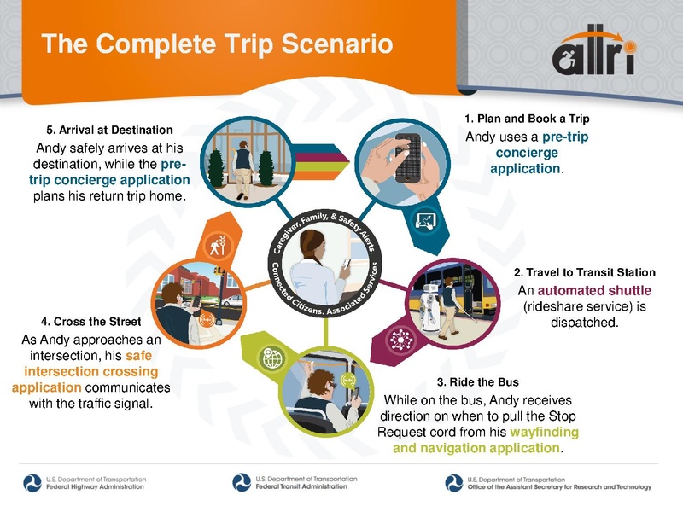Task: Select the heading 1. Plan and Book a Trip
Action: pyautogui.click(x=527, y=118)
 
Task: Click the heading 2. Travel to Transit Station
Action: pyautogui.click(x=585, y=272)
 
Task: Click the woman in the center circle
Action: pyautogui.click(x=316, y=269)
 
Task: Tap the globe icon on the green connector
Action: pyautogui.click(x=273, y=359)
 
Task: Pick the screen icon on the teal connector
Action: pyautogui.click(x=424, y=221)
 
